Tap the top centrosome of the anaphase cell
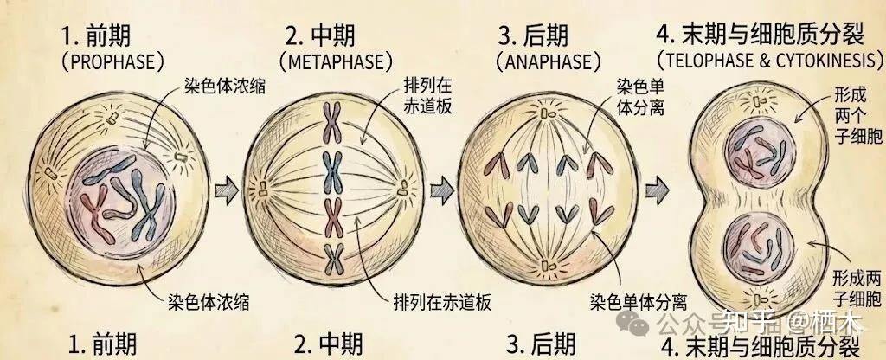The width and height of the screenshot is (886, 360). point(546,113)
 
